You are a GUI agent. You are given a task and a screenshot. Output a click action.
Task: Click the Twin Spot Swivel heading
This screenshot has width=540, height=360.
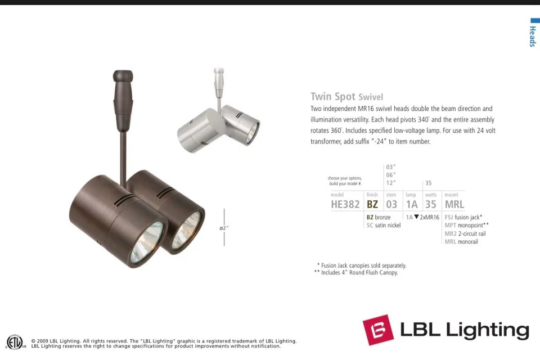[346, 96]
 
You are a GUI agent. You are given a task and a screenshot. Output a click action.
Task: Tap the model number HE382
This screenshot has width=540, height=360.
[345, 204]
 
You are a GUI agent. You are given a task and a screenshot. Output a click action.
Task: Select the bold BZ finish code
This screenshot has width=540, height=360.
[372, 204]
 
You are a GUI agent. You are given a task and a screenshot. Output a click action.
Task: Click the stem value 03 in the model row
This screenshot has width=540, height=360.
[391, 204]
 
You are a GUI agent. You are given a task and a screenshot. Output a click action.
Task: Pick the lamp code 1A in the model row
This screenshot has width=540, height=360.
[412, 204]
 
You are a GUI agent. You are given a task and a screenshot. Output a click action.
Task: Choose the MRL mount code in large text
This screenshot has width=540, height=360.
[454, 204]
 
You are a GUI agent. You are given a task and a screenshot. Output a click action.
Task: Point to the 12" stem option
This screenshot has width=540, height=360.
[391, 183]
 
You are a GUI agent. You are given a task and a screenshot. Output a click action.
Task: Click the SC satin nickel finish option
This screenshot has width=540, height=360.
[384, 226]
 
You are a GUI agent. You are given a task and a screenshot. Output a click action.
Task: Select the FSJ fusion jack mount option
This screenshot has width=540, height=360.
[463, 217]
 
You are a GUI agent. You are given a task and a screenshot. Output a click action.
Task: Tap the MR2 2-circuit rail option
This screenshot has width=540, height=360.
[465, 233]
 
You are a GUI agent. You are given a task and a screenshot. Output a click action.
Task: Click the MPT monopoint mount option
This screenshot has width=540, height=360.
[466, 226]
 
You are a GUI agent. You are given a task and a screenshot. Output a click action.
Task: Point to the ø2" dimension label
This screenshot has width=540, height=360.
[224, 228]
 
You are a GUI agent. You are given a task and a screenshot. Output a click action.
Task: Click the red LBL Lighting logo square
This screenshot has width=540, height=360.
[377, 330]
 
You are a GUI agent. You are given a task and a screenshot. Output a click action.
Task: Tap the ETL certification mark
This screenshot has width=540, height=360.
[15, 341]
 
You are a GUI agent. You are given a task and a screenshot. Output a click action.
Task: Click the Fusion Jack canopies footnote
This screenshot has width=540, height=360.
[362, 265]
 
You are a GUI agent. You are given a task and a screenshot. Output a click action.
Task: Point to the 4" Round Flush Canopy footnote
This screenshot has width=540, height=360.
[356, 273]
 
